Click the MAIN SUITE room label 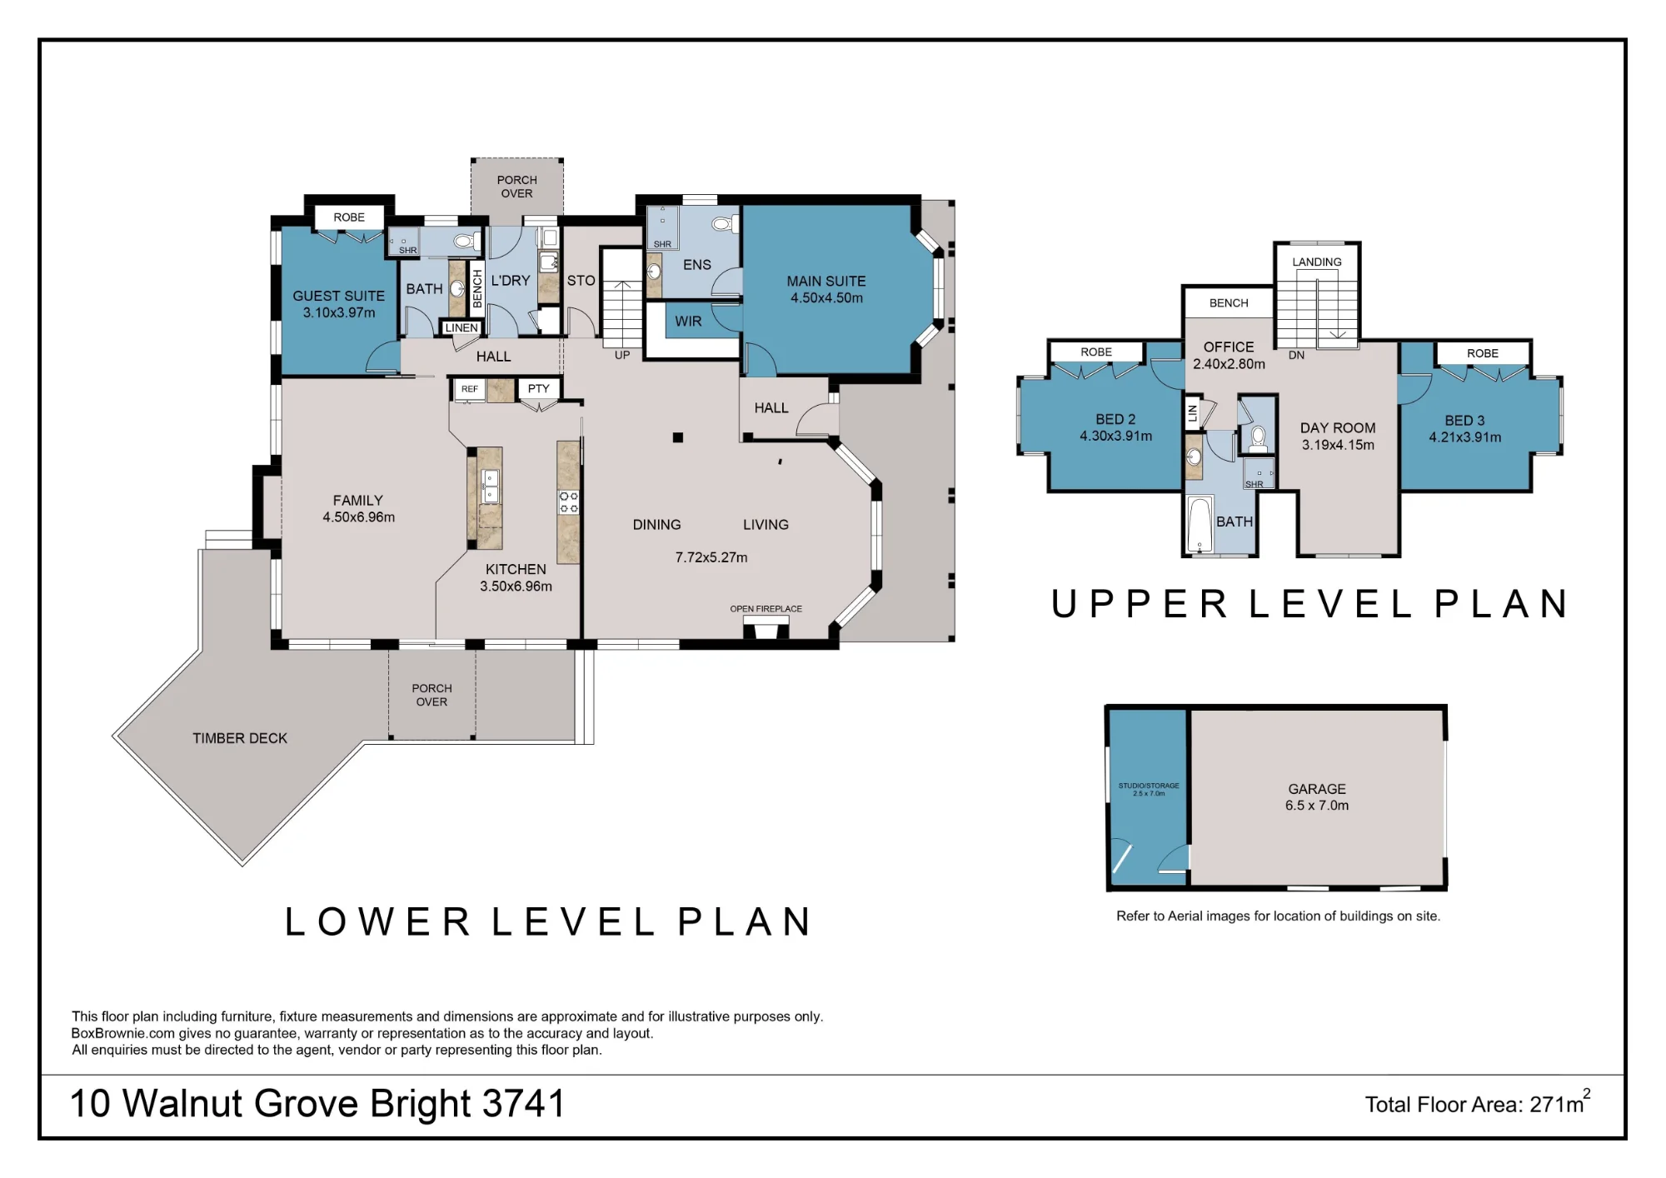pos(826,282)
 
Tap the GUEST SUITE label pos(338,296)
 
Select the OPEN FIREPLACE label pos(766,609)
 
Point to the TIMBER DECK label pos(240,738)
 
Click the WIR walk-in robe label pos(688,322)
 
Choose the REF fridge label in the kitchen pos(470,389)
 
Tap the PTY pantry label pos(539,389)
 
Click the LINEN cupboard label pos(461,328)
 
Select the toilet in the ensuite pos(723,224)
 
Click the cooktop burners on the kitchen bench pos(569,502)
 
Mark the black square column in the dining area pos(678,437)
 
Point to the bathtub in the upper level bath pos(1200,524)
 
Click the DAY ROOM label pos(1338,428)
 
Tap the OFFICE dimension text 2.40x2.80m pos(1229,364)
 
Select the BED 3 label pos(1464,421)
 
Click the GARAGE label pos(1317,789)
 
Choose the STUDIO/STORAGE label pos(1149,786)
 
